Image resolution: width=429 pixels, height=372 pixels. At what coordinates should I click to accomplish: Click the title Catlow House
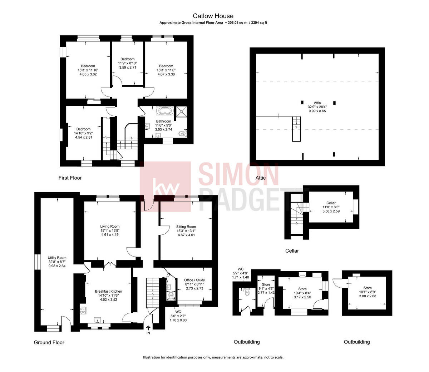pos(213,16)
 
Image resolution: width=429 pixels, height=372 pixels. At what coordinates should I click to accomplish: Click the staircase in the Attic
pos(296,128)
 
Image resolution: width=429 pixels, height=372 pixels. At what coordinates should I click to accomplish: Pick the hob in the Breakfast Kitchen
pos(83,310)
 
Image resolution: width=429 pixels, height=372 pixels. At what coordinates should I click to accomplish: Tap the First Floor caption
pos(70,178)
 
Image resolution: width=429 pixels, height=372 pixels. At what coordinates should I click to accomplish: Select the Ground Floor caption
pos(49,342)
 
